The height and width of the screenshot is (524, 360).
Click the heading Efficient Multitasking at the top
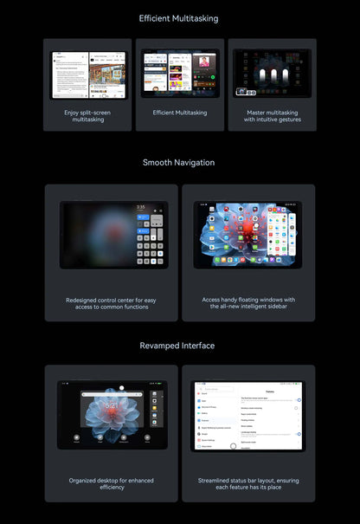[x=179, y=18]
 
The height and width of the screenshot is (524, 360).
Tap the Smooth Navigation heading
[x=179, y=162]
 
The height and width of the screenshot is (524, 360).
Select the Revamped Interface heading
[x=179, y=346]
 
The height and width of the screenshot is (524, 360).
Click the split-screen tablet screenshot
[x=87, y=74]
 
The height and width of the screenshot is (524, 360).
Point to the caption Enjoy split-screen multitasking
[x=87, y=116]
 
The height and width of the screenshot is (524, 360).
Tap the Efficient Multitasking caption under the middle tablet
[x=180, y=113]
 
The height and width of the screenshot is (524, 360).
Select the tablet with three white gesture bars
[x=272, y=73]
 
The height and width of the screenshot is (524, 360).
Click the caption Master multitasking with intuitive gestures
[x=272, y=116]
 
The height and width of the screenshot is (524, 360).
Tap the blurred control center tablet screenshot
[x=112, y=235]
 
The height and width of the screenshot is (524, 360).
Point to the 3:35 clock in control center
[x=140, y=208]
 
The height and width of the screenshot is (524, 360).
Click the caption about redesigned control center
[x=112, y=304]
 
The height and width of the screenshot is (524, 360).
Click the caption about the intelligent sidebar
[x=248, y=304]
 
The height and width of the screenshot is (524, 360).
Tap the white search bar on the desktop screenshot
[x=114, y=394]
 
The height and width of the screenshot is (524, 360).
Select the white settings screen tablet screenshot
[x=248, y=415]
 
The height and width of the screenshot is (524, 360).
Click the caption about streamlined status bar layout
[x=248, y=483]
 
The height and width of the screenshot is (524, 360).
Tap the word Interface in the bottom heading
[x=197, y=346]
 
